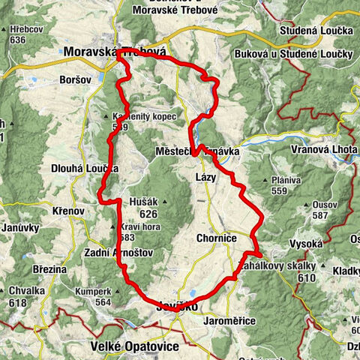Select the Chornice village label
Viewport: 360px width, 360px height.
(217, 238)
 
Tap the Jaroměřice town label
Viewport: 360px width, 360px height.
(231, 320)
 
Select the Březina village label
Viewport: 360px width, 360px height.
(49, 268)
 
